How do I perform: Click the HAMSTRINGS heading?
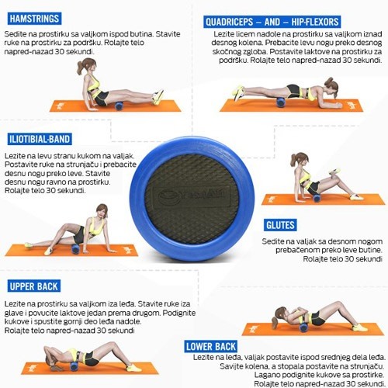point(34,19)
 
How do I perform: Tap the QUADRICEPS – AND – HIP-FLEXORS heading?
point(272,22)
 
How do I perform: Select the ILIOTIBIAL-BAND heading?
point(40,139)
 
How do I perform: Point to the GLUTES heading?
point(280,225)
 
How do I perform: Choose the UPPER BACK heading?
point(34,286)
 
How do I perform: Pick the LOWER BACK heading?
point(211,346)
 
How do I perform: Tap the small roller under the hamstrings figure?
point(119,106)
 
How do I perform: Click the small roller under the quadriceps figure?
point(281,102)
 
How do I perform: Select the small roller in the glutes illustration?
point(317,199)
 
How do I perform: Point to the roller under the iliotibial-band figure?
point(76,248)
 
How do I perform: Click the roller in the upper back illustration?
point(74,366)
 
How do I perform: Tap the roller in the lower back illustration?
point(303,327)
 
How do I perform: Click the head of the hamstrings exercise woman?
point(87,66)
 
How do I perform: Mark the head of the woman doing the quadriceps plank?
point(331,87)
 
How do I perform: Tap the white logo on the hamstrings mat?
point(61,106)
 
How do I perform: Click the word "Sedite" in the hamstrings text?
point(13,34)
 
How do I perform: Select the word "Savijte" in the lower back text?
point(230,366)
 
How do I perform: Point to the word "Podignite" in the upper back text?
point(179,314)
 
